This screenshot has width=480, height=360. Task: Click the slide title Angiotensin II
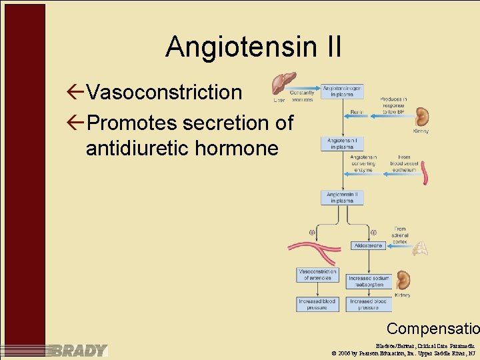pyautogui.click(x=253, y=47)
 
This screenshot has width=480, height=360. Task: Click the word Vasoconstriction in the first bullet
pyautogui.click(x=164, y=93)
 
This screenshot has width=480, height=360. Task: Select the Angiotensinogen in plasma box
pyautogui.click(x=342, y=91)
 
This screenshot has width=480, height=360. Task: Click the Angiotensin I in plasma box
pyautogui.click(x=342, y=143)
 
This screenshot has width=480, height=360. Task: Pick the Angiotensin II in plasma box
pyautogui.click(x=342, y=197)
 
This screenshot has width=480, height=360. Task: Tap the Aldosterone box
pyautogui.click(x=367, y=245)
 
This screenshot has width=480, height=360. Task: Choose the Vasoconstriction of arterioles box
pyautogui.click(x=317, y=274)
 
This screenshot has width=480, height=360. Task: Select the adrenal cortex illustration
pyautogui.click(x=419, y=248)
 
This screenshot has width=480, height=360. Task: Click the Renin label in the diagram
pyautogui.click(x=356, y=113)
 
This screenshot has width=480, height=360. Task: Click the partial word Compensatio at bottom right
pyautogui.click(x=433, y=329)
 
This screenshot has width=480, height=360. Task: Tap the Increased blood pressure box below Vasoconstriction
pyautogui.click(x=317, y=304)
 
